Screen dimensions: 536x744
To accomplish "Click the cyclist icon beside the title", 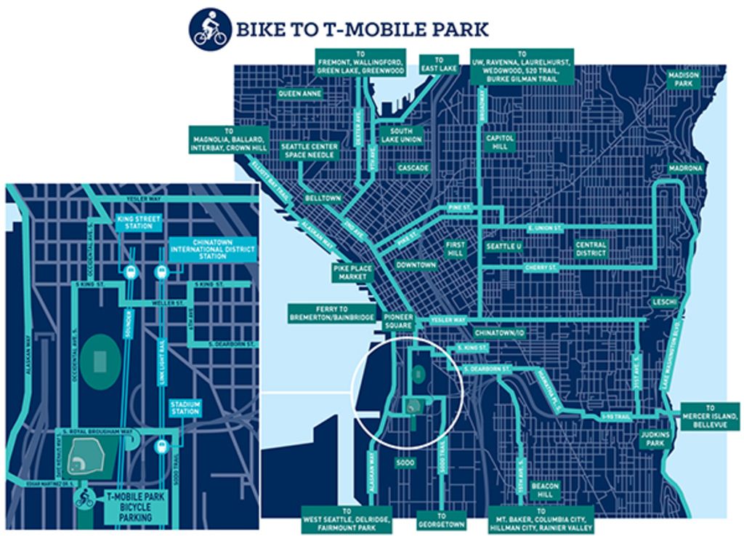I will point(210,29).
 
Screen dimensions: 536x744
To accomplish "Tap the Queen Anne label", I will point(299,94).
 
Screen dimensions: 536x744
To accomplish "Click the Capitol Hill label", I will point(500,142).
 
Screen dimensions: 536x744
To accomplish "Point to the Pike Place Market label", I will point(352,273).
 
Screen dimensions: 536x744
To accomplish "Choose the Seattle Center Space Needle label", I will point(309,151).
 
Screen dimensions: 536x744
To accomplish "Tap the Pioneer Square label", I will point(398,321).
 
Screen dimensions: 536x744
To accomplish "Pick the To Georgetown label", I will point(441,519).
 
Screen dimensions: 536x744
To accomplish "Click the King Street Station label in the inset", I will point(138,222).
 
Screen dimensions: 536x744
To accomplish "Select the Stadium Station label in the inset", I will point(185,407).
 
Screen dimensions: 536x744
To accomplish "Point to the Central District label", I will point(591,249).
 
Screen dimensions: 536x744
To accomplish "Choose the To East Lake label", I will point(440,64).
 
